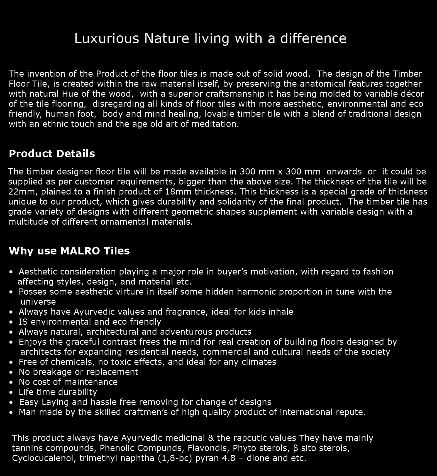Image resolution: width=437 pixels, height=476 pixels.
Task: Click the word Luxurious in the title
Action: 106,38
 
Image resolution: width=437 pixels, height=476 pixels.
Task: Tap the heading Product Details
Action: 52,154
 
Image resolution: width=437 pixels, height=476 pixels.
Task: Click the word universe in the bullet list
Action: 38,302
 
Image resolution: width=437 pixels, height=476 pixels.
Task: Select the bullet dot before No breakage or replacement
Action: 11,372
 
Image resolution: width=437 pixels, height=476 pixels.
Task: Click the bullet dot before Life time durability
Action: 11,392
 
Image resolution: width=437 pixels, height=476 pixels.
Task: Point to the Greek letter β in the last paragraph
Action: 296,448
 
